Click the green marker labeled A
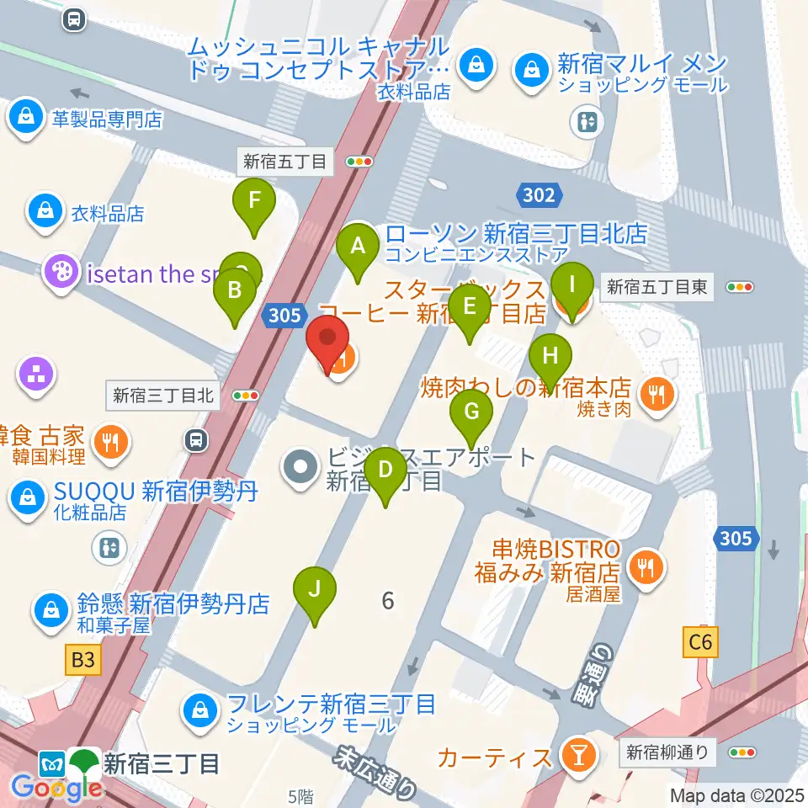(x=358, y=247)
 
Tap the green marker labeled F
(x=253, y=202)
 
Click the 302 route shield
(x=539, y=195)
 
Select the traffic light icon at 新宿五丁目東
(x=739, y=288)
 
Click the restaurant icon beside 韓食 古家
(x=110, y=443)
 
